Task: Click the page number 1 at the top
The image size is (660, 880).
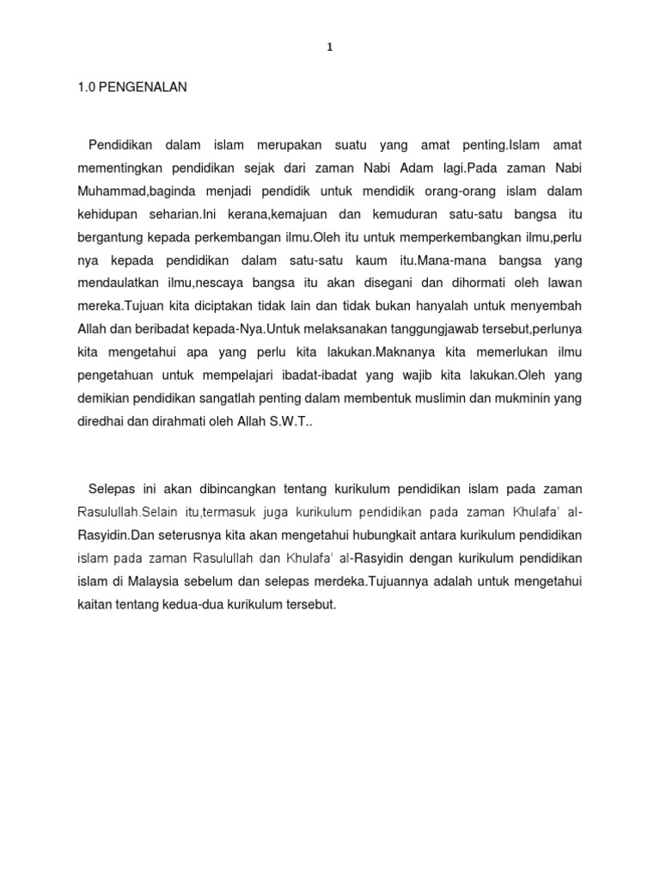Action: point(329,48)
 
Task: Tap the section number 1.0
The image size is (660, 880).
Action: point(88,88)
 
